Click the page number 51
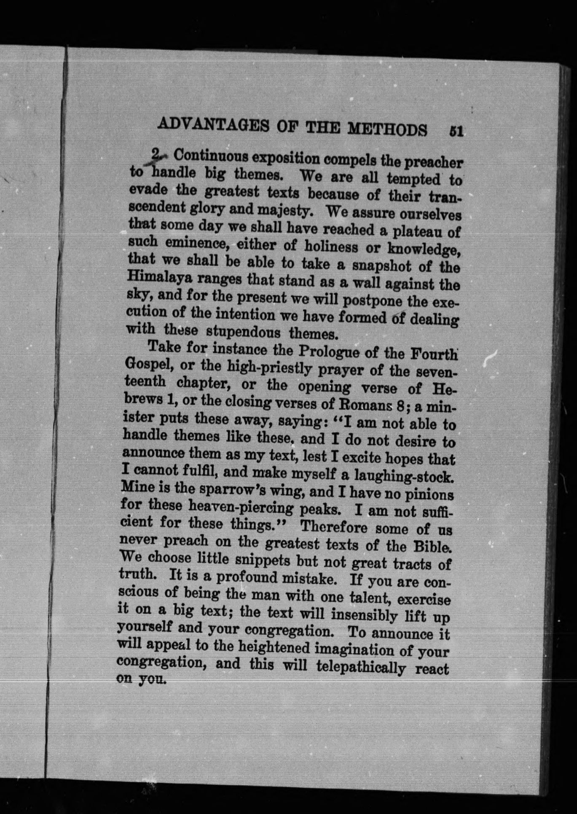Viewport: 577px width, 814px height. click(x=456, y=131)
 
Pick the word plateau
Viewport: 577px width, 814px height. click(x=416, y=233)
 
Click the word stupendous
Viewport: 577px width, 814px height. click(x=244, y=331)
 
